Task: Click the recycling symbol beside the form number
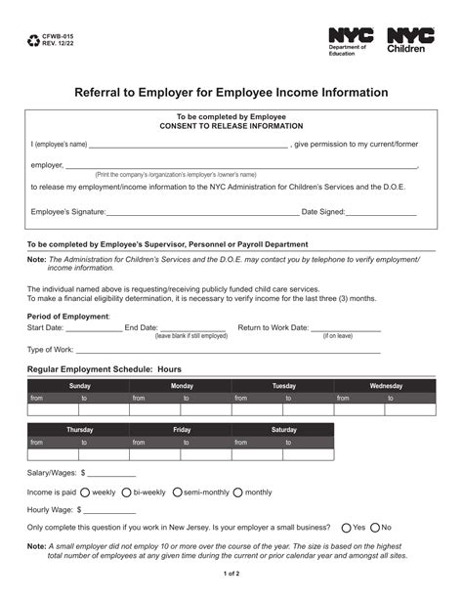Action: pyautogui.click(x=35, y=42)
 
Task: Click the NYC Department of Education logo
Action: pyautogui.click(x=352, y=41)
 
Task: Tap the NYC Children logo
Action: pyautogui.click(x=410, y=41)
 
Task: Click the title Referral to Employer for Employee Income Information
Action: pyautogui.click(x=231, y=93)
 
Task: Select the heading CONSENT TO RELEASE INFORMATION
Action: pyautogui.click(x=231, y=126)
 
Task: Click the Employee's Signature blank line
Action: pyautogui.click(x=202, y=212)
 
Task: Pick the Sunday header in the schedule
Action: pyautogui.click(x=79, y=386)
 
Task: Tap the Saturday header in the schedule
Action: pyautogui.click(x=283, y=430)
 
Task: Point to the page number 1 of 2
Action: pyautogui.click(x=231, y=586)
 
